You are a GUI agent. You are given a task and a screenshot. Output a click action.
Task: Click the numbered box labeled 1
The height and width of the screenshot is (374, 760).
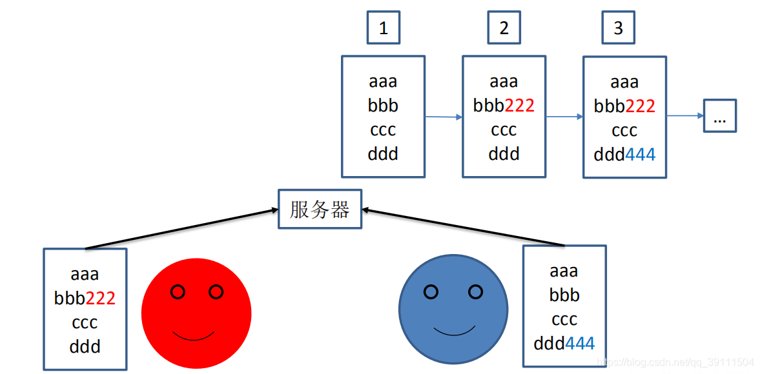click(x=384, y=28)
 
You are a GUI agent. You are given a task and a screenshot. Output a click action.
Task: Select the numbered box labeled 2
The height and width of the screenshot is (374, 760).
click(x=504, y=28)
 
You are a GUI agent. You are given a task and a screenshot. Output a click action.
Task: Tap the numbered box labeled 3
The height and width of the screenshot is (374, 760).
click(x=618, y=28)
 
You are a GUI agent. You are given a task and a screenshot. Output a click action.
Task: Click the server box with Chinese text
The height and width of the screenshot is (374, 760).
click(x=320, y=209)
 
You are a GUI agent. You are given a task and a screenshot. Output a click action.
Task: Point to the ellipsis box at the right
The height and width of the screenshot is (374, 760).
click(x=719, y=117)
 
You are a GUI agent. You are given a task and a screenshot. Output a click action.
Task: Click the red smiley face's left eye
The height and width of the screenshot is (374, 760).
click(x=178, y=292)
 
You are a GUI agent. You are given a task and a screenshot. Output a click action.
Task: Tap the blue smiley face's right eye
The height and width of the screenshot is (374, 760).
click(x=475, y=292)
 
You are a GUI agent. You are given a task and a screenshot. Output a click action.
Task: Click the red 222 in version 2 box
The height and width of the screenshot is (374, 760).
click(x=519, y=106)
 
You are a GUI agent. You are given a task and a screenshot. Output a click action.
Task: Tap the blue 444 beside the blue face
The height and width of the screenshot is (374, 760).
click(x=580, y=344)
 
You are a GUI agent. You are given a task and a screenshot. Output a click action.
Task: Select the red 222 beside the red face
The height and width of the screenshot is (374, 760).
click(x=100, y=298)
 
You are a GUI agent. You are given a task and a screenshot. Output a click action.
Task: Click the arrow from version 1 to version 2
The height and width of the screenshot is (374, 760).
click(x=443, y=117)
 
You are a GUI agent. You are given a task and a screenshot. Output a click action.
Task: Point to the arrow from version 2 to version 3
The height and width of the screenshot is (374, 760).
click(x=564, y=117)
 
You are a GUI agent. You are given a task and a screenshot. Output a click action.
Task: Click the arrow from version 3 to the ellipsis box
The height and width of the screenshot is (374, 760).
click(x=684, y=116)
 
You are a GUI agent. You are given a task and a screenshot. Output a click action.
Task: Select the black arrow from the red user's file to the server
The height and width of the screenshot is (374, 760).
click(x=181, y=229)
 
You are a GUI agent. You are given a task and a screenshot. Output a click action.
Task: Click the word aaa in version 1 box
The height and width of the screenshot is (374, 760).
click(x=383, y=82)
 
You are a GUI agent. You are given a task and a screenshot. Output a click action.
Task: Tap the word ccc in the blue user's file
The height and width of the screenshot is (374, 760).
click(x=564, y=320)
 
